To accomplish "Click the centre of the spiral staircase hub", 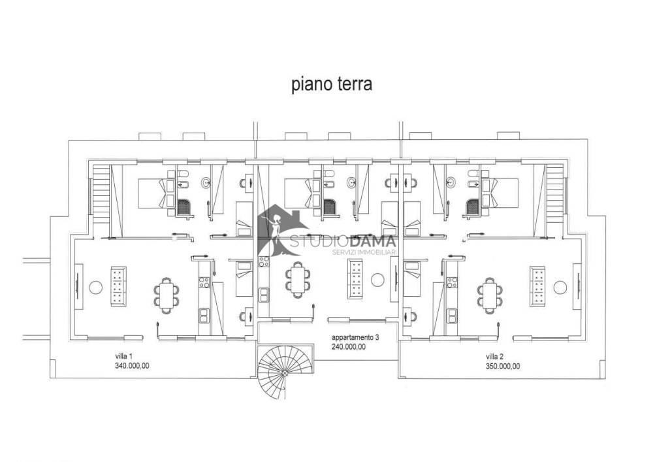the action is pos(285,373).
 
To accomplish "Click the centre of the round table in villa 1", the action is pos(96,288).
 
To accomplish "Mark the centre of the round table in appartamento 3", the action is pos(377,280).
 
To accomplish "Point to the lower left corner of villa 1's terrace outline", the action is pos(50,378).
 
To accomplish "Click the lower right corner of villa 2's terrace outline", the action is pos(605,378).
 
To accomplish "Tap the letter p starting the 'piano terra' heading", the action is pos(295,86).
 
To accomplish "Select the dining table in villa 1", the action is pos(167,295).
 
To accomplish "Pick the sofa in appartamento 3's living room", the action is pos(355,278).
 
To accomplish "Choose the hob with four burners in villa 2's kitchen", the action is pos(452,282).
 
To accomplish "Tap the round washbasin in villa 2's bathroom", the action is pos(451,182).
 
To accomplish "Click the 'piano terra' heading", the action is pos(332,85).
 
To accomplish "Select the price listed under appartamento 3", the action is pos(349,346).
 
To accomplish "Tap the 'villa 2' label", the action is pos(494,357).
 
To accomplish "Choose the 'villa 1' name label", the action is pos(123,356).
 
